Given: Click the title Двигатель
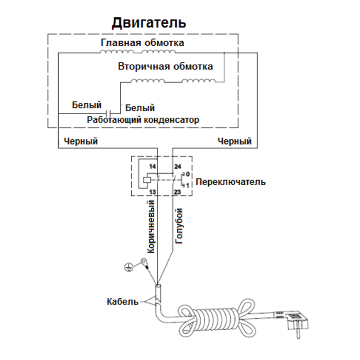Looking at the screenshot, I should pyautogui.click(x=149, y=23).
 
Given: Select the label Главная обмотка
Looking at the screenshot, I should pyautogui.click(x=142, y=42).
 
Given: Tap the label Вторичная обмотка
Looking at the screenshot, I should pyautogui.click(x=165, y=67).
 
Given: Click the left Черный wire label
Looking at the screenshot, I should pyautogui.click(x=81, y=140).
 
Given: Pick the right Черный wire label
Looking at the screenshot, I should pyautogui.click(x=235, y=140).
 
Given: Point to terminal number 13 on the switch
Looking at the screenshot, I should pyautogui.click(x=152, y=192).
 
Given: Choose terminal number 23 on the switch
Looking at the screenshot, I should pyautogui.click(x=177, y=192).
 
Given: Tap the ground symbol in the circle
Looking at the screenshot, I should pyautogui.click(x=129, y=266).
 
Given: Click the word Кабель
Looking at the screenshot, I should pyautogui.click(x=122, y=301).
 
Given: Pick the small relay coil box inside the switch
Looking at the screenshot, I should pyautogui.click(x=147, y=180).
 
